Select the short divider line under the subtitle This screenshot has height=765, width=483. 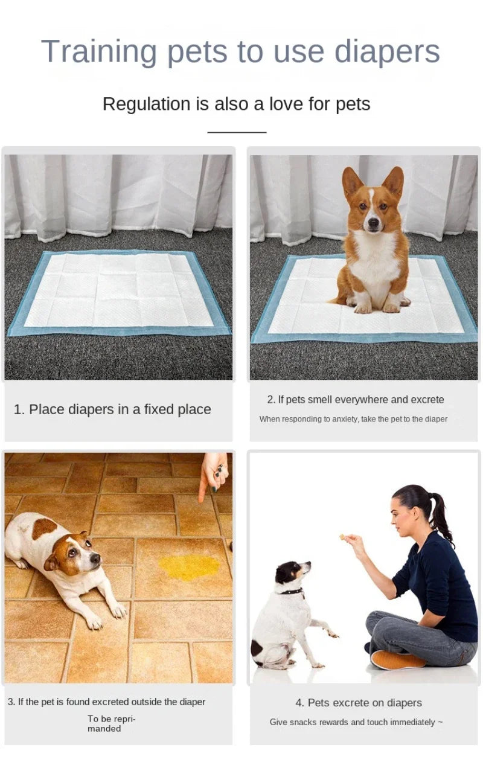(x=237, y=132)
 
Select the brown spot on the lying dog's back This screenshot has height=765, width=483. (x=43, y=528)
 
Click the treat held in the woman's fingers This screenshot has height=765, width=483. (x=342, y=536)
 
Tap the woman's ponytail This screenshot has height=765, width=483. (x=440, y=516)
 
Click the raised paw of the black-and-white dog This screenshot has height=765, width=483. (x=331, y=634)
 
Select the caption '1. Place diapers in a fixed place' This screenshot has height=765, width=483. (x=112, y=409)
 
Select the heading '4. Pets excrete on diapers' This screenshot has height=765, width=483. (x=359, y=702)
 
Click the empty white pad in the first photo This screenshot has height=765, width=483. (x=118, y=290)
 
